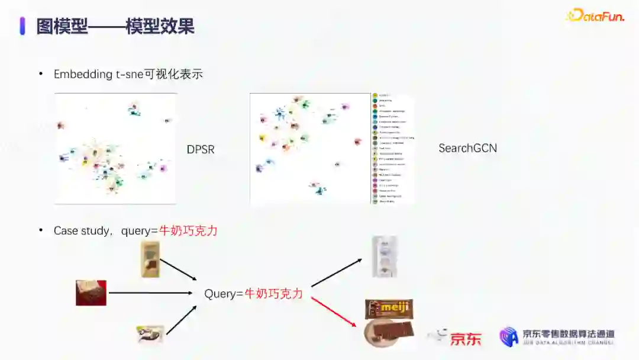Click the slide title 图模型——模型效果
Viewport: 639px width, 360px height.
pos(115,26)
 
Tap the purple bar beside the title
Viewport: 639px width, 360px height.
pos(22,26)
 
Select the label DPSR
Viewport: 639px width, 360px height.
pos(201,150)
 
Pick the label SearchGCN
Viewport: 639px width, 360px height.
pos(467,148)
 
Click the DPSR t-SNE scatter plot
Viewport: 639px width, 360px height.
pos(115,149)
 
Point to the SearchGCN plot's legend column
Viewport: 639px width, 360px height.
pos(392,149)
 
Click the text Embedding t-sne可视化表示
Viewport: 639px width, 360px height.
pos(128,74)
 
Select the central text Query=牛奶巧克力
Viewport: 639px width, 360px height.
pos(253,293)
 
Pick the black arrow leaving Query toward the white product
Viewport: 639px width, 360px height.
pos(335,273)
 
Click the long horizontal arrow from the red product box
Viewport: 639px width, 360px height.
pos(151,292)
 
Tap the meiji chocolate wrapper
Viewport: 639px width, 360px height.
pos(389,308)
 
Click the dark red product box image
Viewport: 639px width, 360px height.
pos(91,292)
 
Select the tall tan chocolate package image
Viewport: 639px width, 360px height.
pos(150,259)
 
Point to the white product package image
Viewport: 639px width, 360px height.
pos(385,256)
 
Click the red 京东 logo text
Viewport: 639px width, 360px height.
pos(466,339)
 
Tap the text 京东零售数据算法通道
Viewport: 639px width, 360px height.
pos(568,334)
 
